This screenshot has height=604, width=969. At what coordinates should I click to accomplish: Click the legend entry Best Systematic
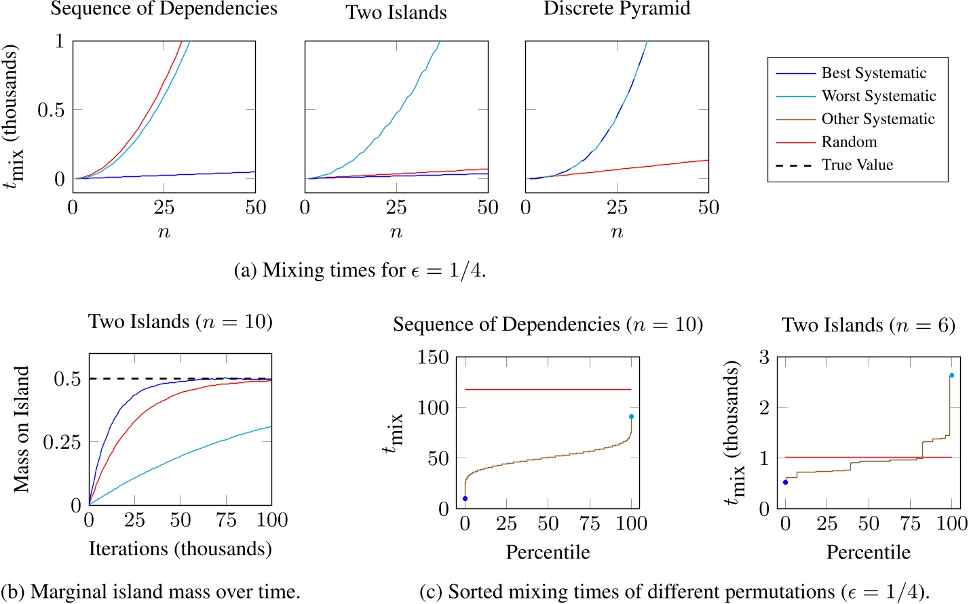[873, 73]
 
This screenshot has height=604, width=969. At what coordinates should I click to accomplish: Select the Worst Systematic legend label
[878, 96]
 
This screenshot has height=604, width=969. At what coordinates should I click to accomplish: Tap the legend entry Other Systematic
[877, 119]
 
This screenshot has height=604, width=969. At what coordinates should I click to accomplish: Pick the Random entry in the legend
[849, 142]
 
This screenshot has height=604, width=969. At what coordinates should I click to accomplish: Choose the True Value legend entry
[857, 165]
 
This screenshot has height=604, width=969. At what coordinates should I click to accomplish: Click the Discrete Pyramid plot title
[617, 9]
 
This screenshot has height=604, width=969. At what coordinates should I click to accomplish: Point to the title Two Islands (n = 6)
[869, 325]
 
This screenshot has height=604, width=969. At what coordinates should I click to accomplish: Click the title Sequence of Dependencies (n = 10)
[548, 325]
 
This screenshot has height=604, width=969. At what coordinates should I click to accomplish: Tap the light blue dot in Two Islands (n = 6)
[951, 375]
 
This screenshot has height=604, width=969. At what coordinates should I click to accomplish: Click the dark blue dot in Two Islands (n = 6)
[786, 482]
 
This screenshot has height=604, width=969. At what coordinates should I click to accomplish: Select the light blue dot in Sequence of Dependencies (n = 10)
[631, 417]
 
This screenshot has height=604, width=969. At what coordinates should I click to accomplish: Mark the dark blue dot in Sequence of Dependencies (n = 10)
[465, 499]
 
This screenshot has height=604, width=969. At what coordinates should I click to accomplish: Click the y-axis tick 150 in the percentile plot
[433, 357]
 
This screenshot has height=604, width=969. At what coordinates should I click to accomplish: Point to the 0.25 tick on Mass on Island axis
[62, 443]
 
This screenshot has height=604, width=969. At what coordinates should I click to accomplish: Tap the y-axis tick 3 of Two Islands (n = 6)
[763, 357]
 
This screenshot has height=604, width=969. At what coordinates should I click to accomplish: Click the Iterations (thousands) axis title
[180, 548]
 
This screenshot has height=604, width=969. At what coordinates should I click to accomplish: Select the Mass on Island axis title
[22, 429]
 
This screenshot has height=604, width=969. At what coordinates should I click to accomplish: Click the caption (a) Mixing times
[360, 270]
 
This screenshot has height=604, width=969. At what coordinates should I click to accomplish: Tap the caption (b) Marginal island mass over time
[151, 592]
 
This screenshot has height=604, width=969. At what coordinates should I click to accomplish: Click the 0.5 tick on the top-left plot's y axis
[51, 110]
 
